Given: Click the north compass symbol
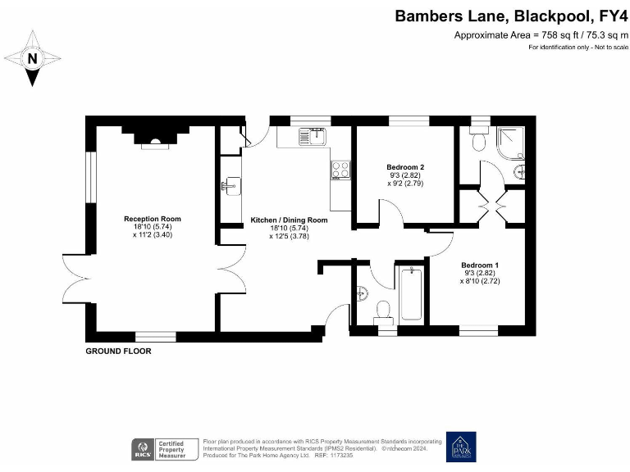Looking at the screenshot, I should [x=32, y=58].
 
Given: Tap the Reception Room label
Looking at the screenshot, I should [x=152, y=219].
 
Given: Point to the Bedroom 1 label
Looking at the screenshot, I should [x=479, y=265].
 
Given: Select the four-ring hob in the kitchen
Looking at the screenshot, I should [x=340, y=170].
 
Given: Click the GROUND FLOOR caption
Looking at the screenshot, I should [x=119, y=351].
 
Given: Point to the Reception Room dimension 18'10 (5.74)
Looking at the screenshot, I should [x=152, y=227].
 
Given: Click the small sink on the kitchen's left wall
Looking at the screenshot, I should [x=230, y=186].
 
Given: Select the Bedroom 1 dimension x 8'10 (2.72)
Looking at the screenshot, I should [x=480, y=281].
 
